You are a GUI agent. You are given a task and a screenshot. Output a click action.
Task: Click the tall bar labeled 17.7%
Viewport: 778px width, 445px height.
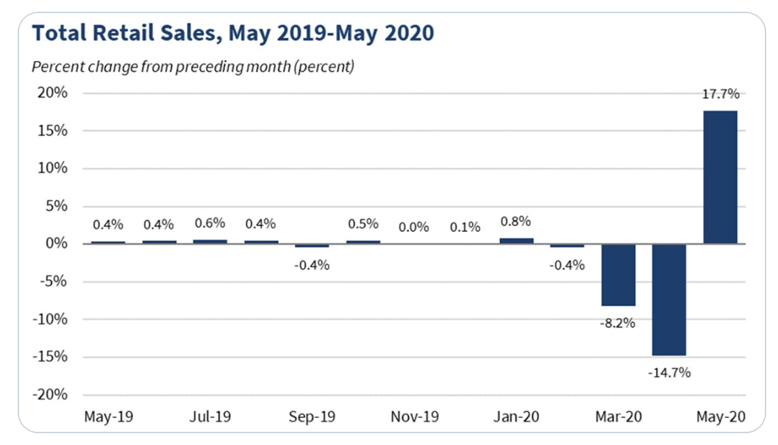(x=720, y=177)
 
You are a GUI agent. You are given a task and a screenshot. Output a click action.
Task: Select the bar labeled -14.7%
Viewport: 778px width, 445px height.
(x=669, y=300)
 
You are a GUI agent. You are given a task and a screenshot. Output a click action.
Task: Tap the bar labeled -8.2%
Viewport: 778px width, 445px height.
(x=618, y=275)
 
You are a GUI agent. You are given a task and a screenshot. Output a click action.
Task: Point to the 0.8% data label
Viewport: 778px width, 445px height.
(x=515, y=221)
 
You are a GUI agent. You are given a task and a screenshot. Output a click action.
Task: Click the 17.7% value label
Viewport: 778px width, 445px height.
(x=721, y=94)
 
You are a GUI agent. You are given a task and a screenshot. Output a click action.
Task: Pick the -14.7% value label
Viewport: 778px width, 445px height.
(x=669, y=372)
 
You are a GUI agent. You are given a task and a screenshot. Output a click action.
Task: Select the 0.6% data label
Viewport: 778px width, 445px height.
(x=210, y=223)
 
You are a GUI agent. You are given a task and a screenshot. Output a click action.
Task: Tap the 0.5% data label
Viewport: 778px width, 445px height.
(x=363, y=224)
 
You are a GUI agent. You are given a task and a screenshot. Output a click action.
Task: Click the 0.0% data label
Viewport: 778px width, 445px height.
(x=413, y=227)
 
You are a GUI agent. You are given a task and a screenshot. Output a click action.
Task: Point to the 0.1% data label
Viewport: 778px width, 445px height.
(x=465, y=227)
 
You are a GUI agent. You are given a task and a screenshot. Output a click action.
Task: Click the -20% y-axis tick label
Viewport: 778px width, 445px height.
(x=51, y=395)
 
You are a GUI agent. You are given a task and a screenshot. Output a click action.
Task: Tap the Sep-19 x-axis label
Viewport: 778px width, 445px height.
(x=313, y=417)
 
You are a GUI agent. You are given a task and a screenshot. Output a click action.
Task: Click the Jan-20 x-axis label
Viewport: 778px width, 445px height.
(x=516, y=417)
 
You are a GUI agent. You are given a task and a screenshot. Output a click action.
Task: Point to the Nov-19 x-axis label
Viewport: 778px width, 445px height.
(x=415, y=417)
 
